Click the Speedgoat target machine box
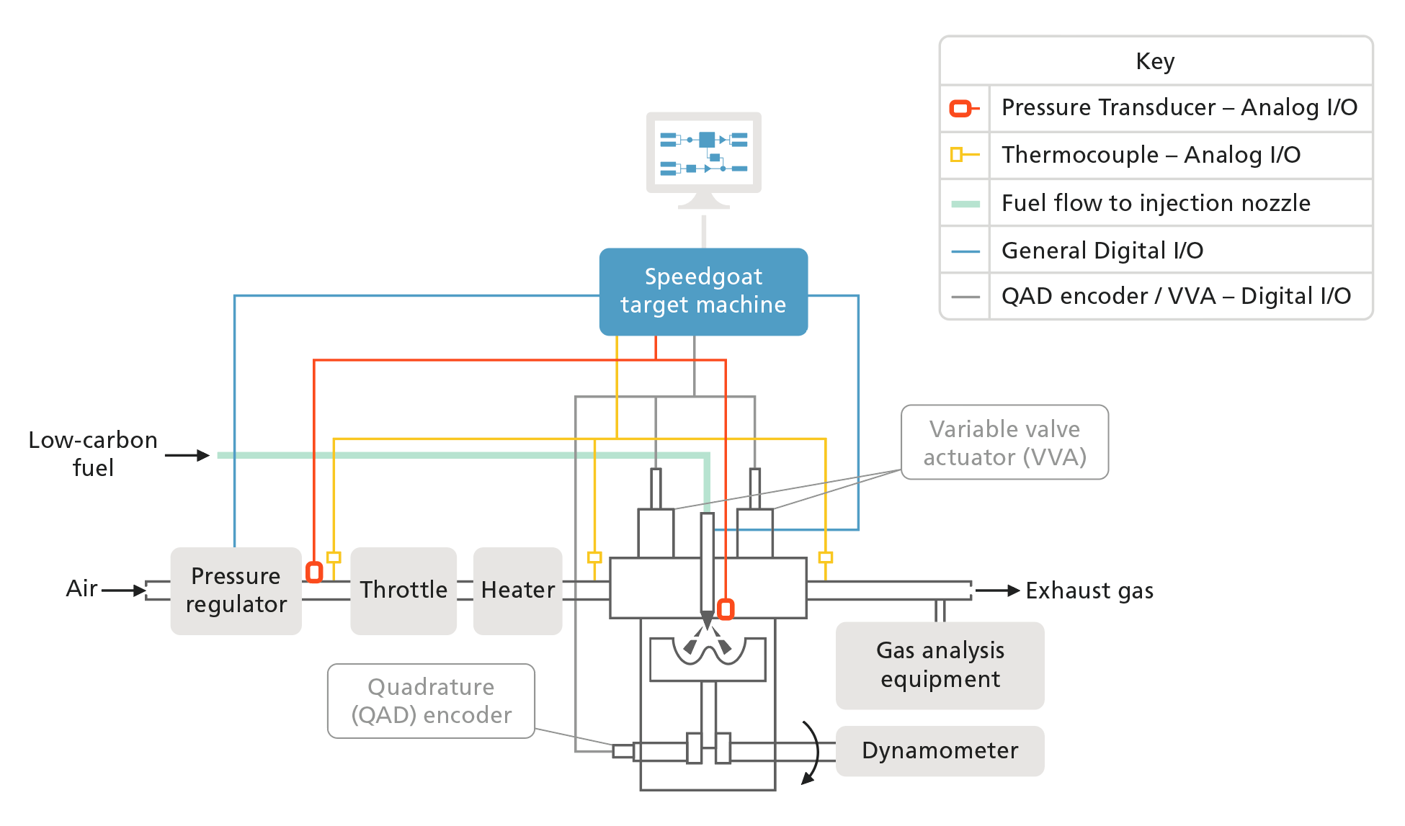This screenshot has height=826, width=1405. tap(703, 291)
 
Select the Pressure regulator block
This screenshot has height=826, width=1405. tap(236, 591)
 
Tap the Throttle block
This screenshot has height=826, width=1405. tap(403, 591)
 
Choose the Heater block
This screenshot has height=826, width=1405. tap(517, 591)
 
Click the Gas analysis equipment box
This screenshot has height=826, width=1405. tap(940, 665)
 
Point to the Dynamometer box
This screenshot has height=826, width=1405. tap(940, 750)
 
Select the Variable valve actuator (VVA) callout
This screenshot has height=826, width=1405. tap(1004, 442)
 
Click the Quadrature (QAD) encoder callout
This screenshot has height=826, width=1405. tap(431, 701)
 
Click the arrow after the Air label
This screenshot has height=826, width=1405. tap(125, 591)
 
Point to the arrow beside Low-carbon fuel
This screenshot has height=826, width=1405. tap(187, 455)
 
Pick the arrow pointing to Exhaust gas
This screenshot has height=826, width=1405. tap(999, 591)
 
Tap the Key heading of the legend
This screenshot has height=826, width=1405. tap(1155, 61)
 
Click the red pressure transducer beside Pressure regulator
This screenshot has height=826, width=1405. tap(314, 573)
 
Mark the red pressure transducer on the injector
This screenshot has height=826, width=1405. tap(726, 609)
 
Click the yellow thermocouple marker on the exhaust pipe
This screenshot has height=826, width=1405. tap(826, 557)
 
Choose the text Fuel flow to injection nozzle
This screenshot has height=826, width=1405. tap(1156, 203)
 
